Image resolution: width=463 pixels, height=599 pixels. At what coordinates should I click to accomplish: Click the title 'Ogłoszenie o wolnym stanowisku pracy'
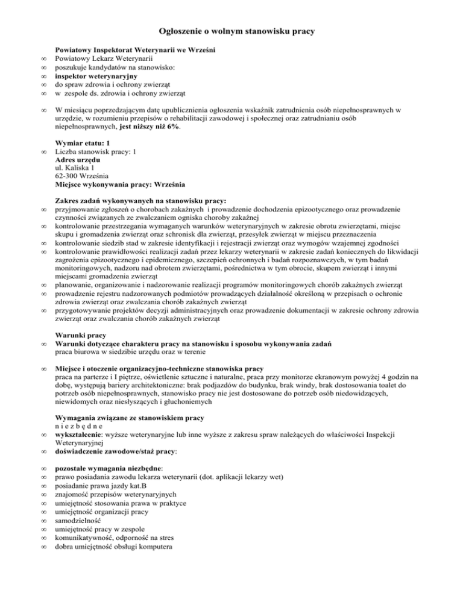tap(231, 30)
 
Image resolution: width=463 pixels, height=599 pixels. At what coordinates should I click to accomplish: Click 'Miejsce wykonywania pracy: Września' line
tap(120, 185)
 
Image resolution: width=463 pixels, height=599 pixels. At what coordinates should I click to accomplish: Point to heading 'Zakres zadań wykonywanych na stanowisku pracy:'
tap(141, 201)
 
